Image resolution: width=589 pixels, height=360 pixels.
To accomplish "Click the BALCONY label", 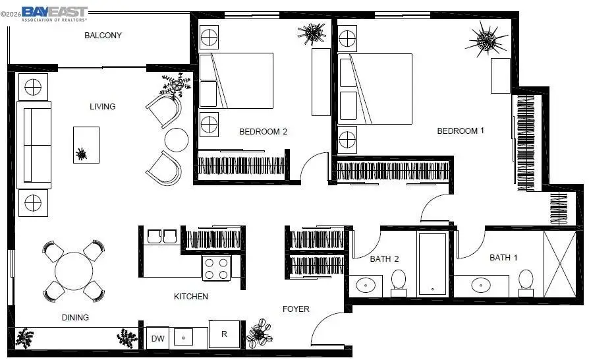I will [103, 36].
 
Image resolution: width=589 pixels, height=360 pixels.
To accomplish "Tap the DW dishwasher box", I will [158, 338].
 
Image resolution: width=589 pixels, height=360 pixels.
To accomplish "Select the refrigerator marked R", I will [224, 334].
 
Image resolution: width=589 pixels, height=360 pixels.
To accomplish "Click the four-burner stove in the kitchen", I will [216, 268].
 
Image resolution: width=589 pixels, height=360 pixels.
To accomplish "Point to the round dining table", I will [74, 271].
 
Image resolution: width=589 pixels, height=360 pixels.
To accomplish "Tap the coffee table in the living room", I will [86, 145].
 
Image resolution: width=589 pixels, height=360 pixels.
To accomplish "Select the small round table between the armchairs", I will [177, 139].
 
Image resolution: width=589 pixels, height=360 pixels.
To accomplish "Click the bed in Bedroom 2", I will [236, 80].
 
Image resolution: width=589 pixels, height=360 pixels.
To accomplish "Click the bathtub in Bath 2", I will [432, 263].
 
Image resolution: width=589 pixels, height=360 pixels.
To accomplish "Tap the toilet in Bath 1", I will [525, 280].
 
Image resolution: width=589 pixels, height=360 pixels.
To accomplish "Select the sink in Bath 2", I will [366, 285].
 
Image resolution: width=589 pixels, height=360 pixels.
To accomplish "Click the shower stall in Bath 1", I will [559, 262].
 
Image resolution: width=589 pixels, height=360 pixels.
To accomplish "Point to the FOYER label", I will [296, 309].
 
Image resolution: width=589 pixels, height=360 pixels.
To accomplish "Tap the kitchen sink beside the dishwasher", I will [184, 338].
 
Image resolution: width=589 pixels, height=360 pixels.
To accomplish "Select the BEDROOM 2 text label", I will [263, 131].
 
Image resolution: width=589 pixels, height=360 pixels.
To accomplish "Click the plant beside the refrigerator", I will [259, 334].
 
